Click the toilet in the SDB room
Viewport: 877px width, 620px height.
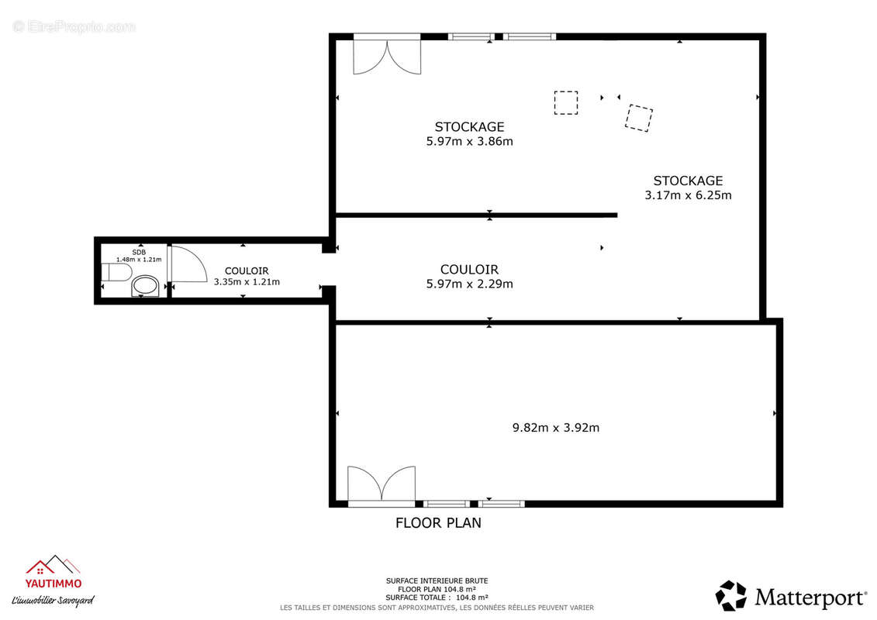tap(115, 273)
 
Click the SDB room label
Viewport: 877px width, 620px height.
tap(138, 252)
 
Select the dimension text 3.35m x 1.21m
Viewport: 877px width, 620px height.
tap(247, 282)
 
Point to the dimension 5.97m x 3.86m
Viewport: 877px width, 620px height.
tap(469, 141)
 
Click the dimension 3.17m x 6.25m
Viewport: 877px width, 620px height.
tap(688, 195)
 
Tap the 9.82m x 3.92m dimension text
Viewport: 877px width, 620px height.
tap(555, 427)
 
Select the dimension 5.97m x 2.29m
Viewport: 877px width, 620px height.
tap(469, 284)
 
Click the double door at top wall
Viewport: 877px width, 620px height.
tap(387, 56)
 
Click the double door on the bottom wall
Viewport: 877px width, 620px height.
tap(381, 484)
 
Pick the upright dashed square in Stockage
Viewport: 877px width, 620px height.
tap(566, 103)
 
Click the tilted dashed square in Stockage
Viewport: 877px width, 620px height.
tap(639, 118)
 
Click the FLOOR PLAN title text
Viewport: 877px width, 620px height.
tap(438, 523)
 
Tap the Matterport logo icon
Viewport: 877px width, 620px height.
tap(730, 596)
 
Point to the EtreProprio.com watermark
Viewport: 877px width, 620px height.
tap(74, 26)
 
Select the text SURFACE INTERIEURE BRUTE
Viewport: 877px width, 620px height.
tap(437, 580)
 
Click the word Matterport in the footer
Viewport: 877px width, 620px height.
tap(810, 598)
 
